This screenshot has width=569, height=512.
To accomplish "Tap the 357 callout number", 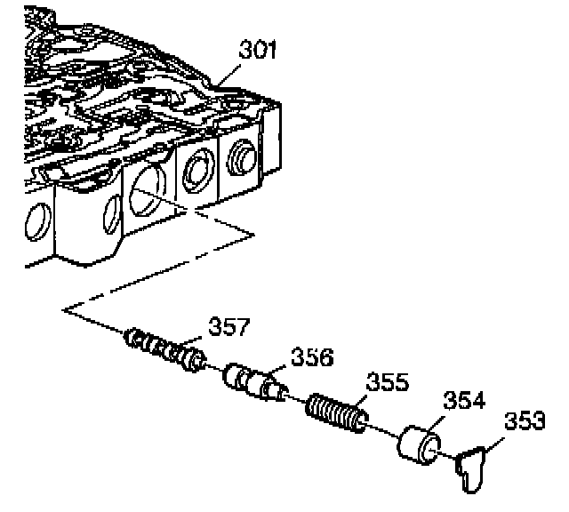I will point(228,326).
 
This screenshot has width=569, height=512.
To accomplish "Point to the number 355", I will point(389,383).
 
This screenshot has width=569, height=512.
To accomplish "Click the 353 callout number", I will point(525,421).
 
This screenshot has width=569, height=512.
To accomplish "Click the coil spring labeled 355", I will point(335,412).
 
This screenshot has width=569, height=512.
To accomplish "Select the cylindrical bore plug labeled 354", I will point(415,444).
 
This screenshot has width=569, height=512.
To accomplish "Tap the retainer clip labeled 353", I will point(470,468).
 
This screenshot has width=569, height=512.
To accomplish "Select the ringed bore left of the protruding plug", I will point(196,168).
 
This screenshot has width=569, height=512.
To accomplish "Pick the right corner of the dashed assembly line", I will point(254,234).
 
